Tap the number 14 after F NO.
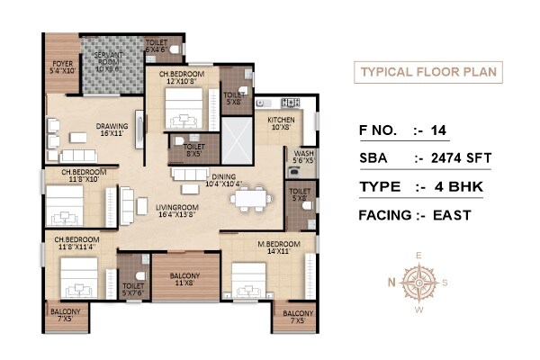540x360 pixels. pos(438,130)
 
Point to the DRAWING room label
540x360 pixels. pos(112,128)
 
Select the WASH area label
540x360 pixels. pos(302,155)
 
